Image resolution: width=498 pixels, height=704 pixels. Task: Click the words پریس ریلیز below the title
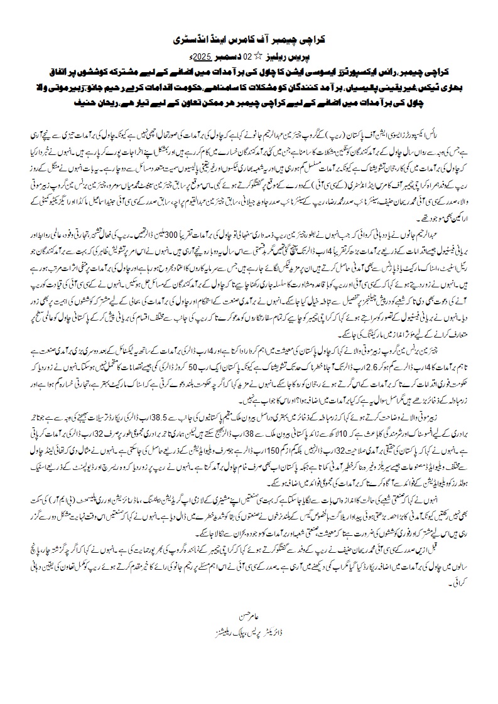tap(281, 55)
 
